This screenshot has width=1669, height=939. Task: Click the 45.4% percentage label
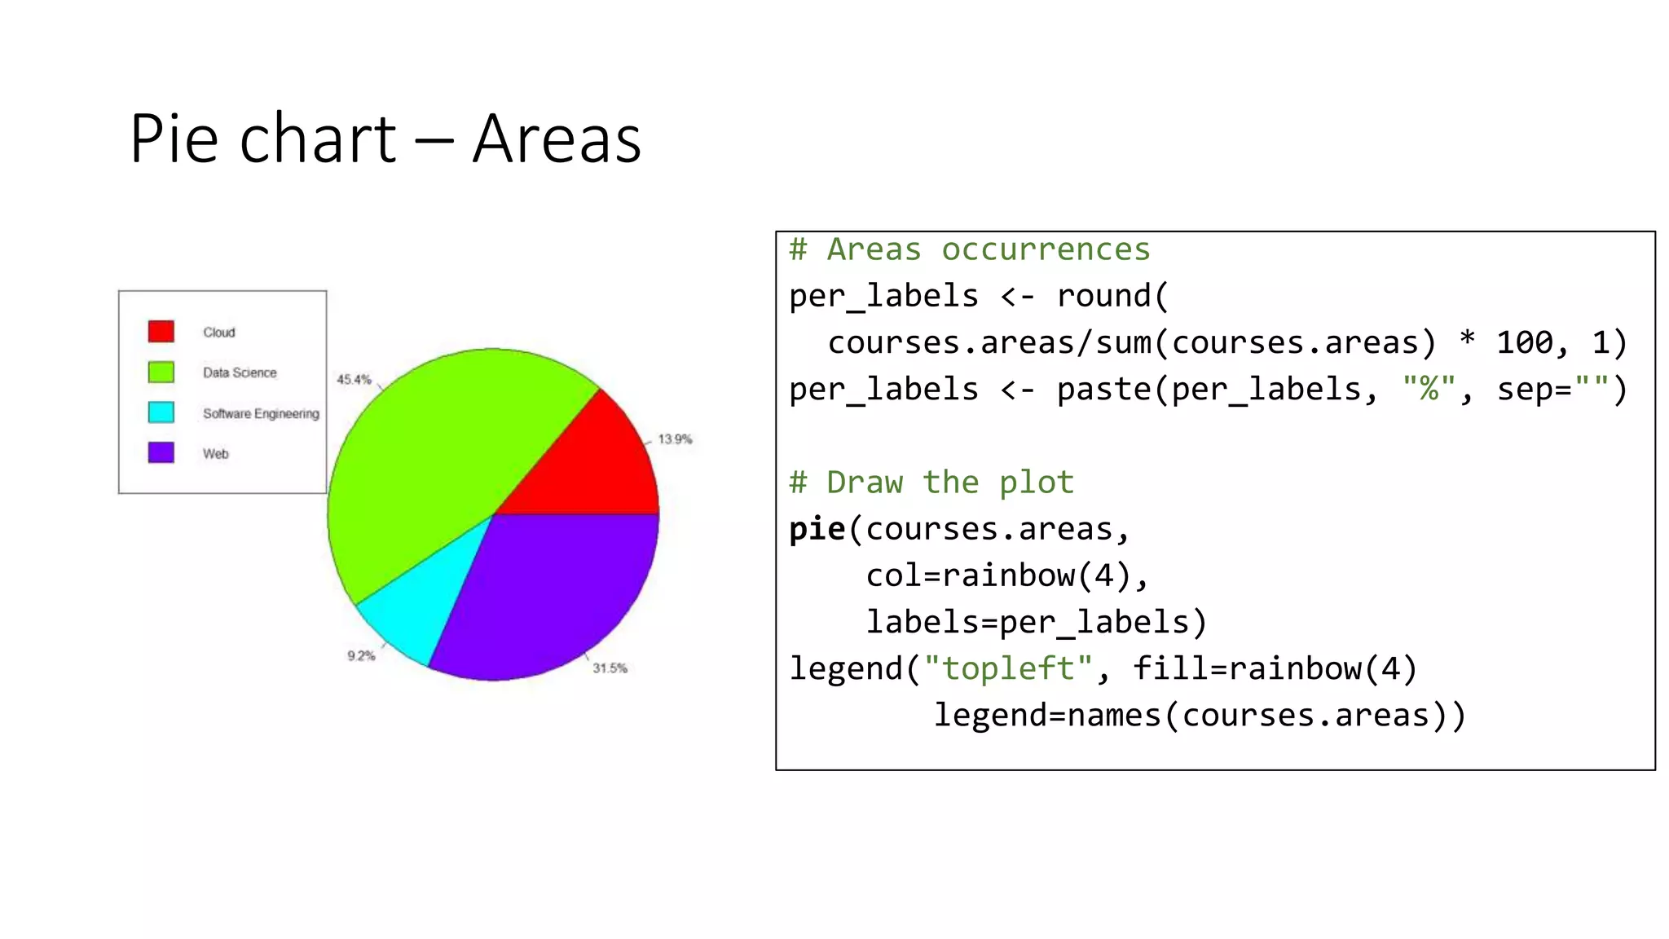pos(354,380)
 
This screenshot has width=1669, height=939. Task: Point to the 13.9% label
pos(675,439)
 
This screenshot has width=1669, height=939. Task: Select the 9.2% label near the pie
pos(361,656)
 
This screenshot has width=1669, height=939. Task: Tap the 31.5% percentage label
pos(610,668)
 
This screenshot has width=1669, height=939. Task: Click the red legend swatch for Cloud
pos(161,332)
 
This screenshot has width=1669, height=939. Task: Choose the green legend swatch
pos(161,373)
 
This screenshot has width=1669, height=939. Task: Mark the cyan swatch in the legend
pos(161,412)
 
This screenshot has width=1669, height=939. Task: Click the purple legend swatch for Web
pos(161,452)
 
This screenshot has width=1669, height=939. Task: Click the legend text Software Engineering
pos(261,414)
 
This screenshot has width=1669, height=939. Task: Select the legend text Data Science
pos(240,373)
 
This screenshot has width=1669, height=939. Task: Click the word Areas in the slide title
pos(557,139)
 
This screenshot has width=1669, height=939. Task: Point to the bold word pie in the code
pos(817,530)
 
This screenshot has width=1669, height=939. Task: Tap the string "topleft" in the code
pos(1008,669)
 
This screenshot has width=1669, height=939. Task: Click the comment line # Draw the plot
pos(931,483)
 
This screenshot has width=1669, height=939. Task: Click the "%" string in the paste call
pos(1428,390)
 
